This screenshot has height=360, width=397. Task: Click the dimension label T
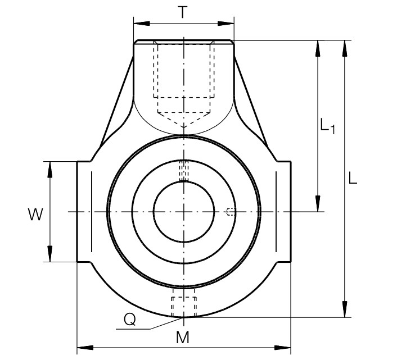[183, 12]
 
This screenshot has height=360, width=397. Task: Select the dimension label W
[35, 215]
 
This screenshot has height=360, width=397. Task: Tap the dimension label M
[183, 337]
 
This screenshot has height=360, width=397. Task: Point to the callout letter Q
[130, 319]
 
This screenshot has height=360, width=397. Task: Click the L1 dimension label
[328, 125]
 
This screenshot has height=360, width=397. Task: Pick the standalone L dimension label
[353, 177]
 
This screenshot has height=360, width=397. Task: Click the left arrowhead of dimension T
[142, 24]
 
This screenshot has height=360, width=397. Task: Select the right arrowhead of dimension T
[226, 24]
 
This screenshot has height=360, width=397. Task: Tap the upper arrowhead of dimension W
[50, 170]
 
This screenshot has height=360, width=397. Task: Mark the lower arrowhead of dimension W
[50, 253]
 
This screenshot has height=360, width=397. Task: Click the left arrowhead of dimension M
[85, 348]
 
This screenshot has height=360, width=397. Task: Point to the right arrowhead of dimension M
[282, 348]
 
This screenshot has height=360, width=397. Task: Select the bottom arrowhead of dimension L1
[318, 203]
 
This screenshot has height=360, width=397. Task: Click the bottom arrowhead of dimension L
[345, 309]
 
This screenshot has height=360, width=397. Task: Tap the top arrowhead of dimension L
[345, 48]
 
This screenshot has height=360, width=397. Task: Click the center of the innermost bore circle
[184, 212]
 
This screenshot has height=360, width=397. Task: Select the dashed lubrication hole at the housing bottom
[184, 307]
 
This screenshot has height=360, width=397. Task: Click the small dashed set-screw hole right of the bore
[230, 212]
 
